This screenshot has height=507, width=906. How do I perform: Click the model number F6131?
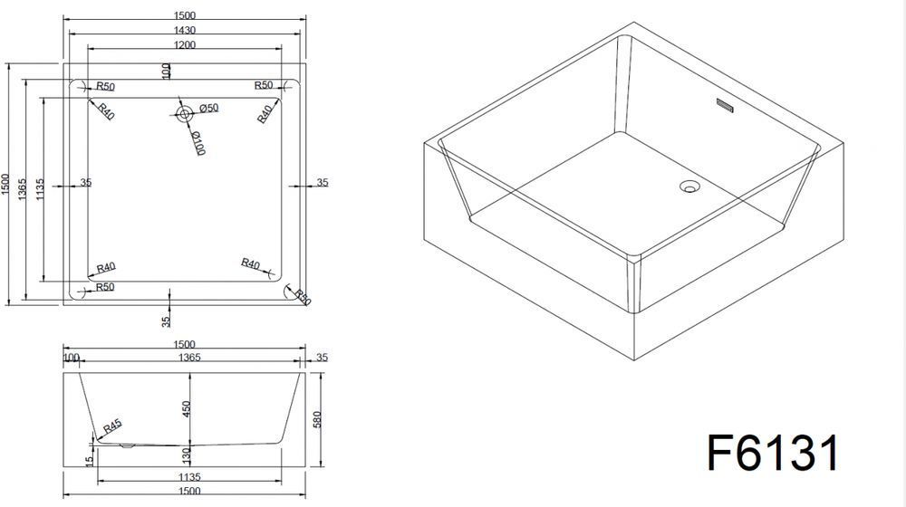pyautogui.click(x=773, y=454)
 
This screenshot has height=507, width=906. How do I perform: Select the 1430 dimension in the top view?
pyautogui.click(x=184, y=30)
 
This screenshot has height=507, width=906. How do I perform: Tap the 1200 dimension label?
pyautogui.click(x=184, y=44)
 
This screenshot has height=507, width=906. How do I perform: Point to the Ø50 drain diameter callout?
pyautogui.click(x=208, y=108)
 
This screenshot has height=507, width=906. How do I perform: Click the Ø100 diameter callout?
pyautogui.click(x=198, y=143)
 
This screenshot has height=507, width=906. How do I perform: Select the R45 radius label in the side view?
pyautogui.click(x=112, y=426)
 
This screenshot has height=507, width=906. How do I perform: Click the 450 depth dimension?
pyautogui.click(x=186, y=409)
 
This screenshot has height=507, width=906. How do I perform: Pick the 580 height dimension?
pyautogui.click(x=316, y=419)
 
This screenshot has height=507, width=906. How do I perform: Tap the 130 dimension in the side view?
pyautogui.click(x=186, y=455)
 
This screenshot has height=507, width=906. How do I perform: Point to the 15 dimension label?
pyautogui.click(x=89, y=462)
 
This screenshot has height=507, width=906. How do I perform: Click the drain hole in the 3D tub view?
pyautogui.click(x=689, y=186)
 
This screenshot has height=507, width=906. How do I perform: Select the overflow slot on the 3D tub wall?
pyautogui.click(x=725, y=106)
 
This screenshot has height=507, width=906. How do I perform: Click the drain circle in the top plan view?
pyautogui.click(x=184, y=114)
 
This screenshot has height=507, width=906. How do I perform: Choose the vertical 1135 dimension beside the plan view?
pyautogui.click(x=40, y=189)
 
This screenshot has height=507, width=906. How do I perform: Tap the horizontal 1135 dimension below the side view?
pyautogui.click(x=189, y=477)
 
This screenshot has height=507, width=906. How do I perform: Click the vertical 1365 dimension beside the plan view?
pyautogui.click(x=22, y=189)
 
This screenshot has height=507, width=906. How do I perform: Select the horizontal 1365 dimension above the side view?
pyautogui.click(x=189, y=358)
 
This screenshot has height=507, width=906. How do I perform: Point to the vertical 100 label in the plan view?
pyautogui.click(x=167, y=71)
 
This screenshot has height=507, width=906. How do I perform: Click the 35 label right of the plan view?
pyautogui.click(x=323, y=183)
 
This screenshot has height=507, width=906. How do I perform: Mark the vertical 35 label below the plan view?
pyautogui.click(x=167, y=321)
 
